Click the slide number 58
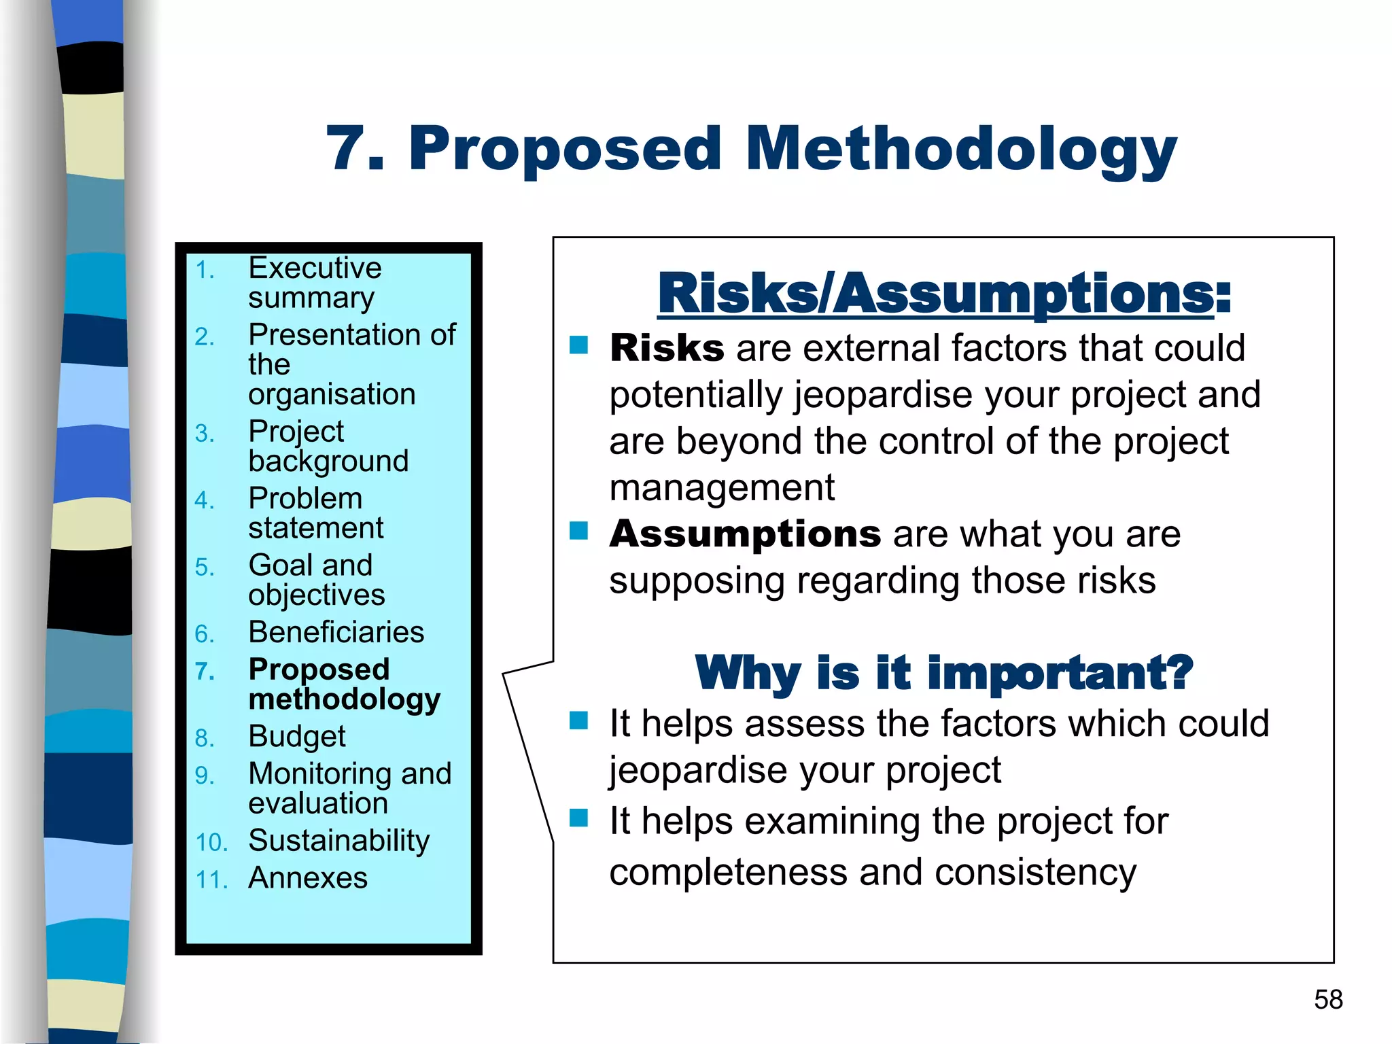pyautogui.click(x=1328, y=999)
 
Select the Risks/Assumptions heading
pyautogui.click(x=943, y=294)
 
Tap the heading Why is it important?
pyautogui.click(x=943, y=672)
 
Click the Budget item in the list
pyautogui.click(x=297, y=737)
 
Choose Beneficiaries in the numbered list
pyautogui.click(x=336, y=632)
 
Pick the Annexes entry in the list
pyautogui.click(x=308, y=878)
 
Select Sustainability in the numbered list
pyautogui.click(x=339, y=841)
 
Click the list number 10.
pyautogui.click(x=211, y=843)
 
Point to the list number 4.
pyautogui.click(x=204, y=501)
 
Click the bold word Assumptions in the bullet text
pyautogui.click(x=745, y=534)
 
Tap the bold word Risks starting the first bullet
pyautogui.click(x=667, y=349)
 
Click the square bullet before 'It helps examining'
pyautogui.click(x=578, y=818)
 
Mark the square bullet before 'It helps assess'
pyautogui.click(x=578, y=720)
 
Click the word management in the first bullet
pyautogui.click(x=722, y=488)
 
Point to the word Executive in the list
pyautogui.click(x=315, y=268)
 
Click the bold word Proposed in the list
pyautogui.click(x=319, y=669)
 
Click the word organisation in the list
pyautogui.click(x=332, y=395)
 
